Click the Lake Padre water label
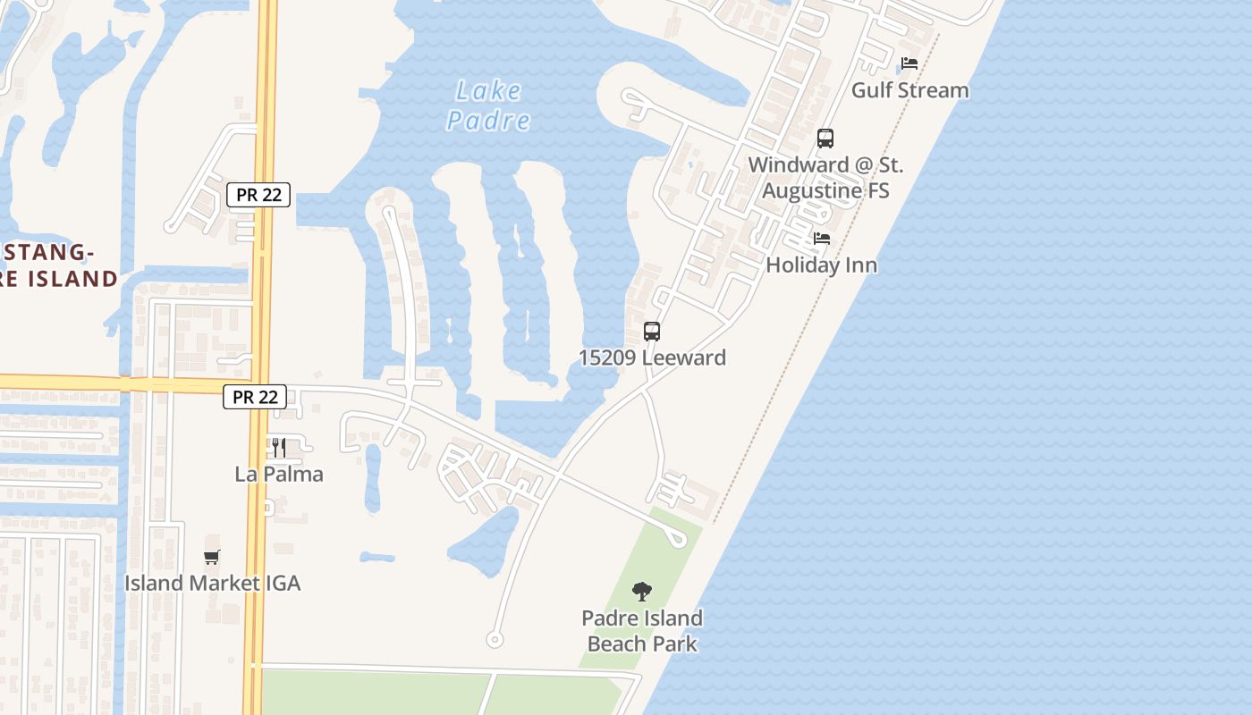[x=488, y=105]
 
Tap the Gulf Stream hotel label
[x=909, y=90]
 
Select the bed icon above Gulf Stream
[x=909, y=63]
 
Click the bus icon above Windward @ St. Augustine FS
[x=825, y=139]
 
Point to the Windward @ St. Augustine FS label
[x=825, y=177]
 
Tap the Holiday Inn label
[x=821, y=265]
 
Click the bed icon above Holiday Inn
[x=822, y=239]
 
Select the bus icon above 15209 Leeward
[x=652, y=332]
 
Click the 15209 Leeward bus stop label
[x=652, y=357]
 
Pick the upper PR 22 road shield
[x=258, y=195]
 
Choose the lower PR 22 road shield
[x=255, y=397]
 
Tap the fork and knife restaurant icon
[x=279, y=447]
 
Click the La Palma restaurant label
[x=279, y=474]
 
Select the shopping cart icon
[x=212, y=557]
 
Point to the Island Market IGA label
[x=212, y=584]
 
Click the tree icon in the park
[x=641, y=591]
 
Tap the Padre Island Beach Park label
[x=641, y=630]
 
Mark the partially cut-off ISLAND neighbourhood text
[x=59, y=278]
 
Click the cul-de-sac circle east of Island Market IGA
[x=494, y=639]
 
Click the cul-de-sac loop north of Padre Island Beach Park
[x=678, y=538]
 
